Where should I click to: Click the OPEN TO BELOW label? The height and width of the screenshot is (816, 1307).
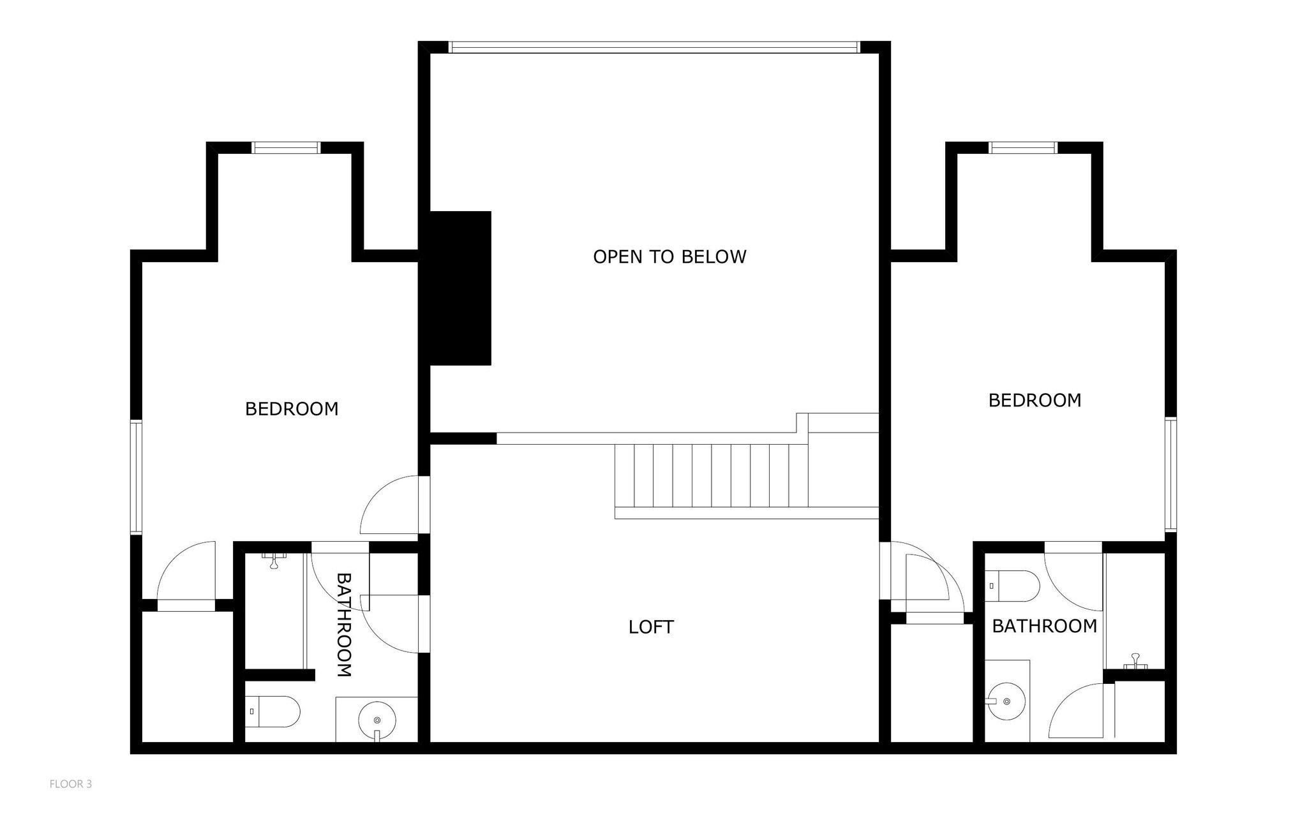669,256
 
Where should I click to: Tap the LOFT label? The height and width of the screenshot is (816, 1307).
651,627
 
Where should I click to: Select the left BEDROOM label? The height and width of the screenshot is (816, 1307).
292,409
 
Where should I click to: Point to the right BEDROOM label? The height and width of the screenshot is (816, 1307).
1034,401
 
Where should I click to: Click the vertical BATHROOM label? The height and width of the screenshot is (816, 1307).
344,625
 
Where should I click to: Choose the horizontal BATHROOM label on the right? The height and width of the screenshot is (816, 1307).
1044,627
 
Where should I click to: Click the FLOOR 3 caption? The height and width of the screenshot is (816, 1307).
71,784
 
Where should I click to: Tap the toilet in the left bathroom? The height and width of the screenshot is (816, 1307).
273,711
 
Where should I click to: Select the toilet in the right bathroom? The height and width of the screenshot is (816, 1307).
1012,586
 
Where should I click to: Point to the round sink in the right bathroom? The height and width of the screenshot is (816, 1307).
1006,702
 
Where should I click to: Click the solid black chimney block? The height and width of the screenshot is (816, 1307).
460,288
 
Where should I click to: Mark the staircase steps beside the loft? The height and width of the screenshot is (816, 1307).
712,476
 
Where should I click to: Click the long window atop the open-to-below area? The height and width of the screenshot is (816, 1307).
654,47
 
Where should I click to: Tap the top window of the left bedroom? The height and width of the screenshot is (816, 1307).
286,148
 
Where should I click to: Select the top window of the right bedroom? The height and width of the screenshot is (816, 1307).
1023,148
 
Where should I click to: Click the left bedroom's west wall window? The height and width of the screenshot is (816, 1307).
136,477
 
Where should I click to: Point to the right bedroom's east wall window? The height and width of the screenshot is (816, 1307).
1170,474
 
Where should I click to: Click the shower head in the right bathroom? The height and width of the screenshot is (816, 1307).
1135,662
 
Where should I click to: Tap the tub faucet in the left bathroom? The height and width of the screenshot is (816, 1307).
274,560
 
